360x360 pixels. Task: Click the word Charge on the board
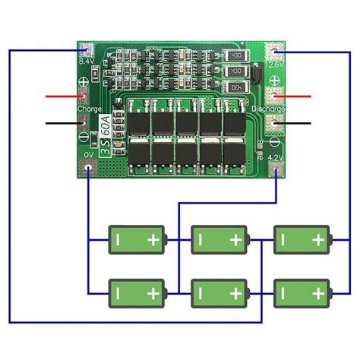[89, 109]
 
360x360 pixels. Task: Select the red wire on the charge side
[61, 97]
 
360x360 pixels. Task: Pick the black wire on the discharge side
[300, 122]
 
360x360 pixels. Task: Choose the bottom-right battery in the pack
[302, 292]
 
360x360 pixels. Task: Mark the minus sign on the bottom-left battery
[119, 292]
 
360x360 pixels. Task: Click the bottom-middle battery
[219, 292]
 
